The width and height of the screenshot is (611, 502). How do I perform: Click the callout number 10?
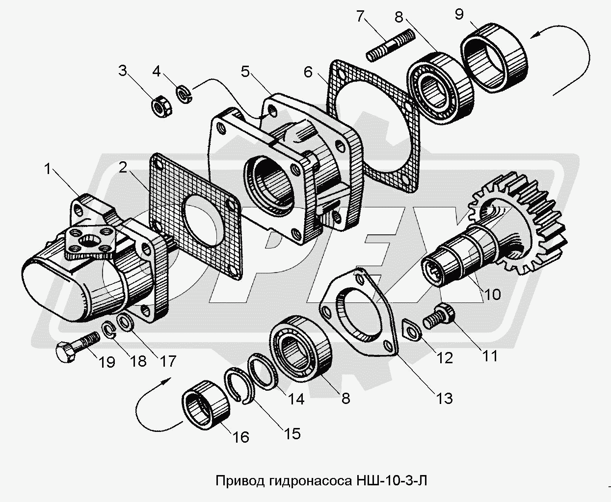492,294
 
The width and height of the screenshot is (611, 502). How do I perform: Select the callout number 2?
123,168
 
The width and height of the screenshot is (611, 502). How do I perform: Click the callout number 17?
167,361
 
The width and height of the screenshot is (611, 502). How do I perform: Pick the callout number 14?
296,399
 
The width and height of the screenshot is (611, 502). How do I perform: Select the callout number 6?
308,72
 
